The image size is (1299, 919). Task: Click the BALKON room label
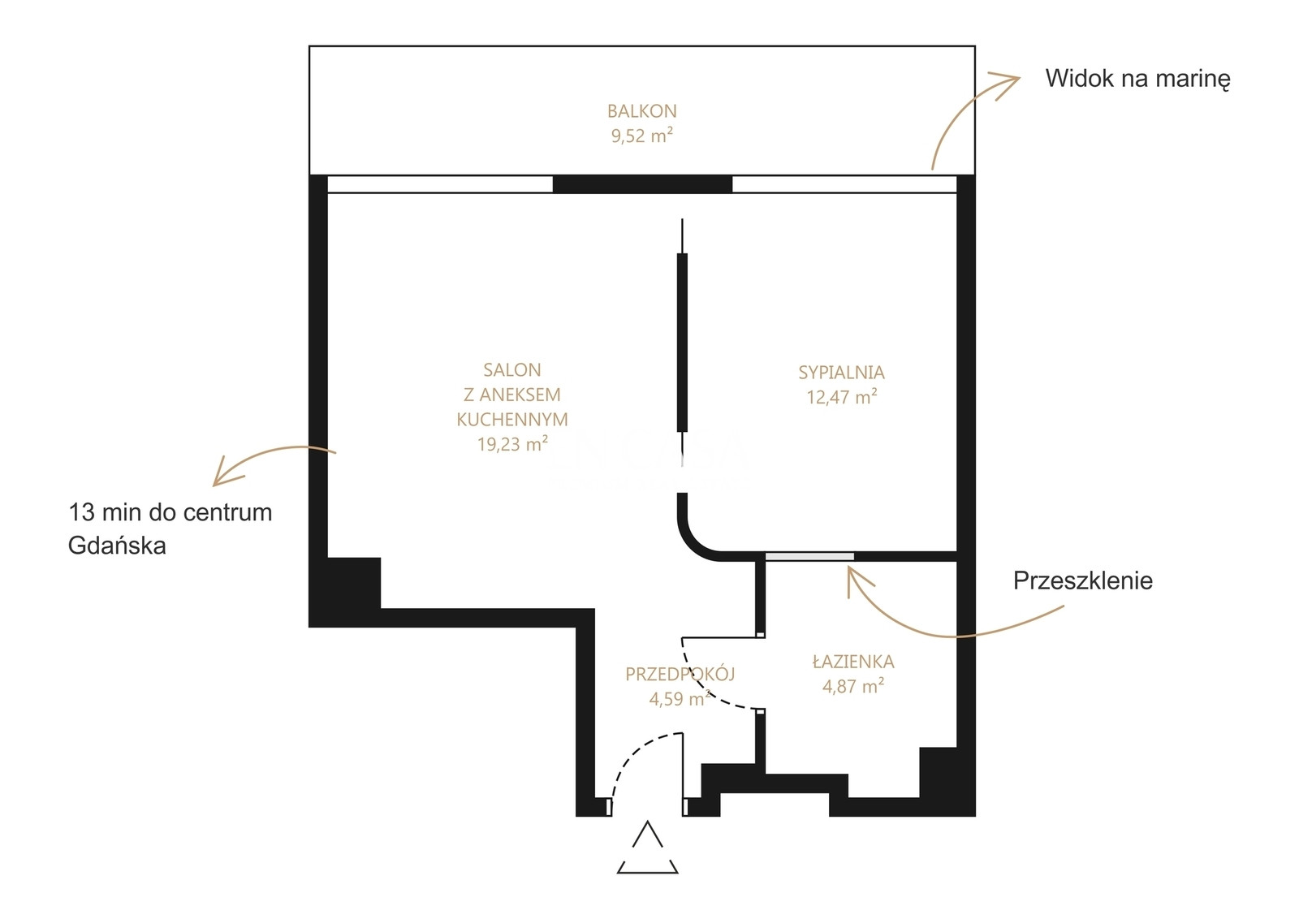coord(641,110)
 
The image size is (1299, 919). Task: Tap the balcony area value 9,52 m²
coord(641,136)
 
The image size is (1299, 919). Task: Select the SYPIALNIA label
coord(841,373)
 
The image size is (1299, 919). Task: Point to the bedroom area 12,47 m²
coord(841,397)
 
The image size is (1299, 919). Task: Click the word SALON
coord(512,370)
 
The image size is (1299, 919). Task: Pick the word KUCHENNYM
coord(512,419)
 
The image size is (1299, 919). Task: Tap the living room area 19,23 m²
coord(512,444)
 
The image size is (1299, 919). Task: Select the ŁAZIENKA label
coord(853,661)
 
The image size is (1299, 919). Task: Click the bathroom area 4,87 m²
coord(853,686)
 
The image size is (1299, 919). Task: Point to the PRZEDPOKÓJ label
coord(680,674)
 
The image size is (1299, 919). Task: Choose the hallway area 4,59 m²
coord(680,699)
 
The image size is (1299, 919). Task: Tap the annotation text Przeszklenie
coord(1083,581)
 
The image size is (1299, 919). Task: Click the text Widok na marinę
coord(1137,79)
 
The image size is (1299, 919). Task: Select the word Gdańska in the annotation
coord(117,546)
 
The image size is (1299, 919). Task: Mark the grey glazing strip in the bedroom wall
coord(809,557)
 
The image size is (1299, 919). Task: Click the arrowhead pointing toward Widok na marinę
coord(1006,84)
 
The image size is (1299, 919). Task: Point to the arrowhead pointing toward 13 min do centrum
coord(225,473)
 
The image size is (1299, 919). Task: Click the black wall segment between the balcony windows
coord(642,183)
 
